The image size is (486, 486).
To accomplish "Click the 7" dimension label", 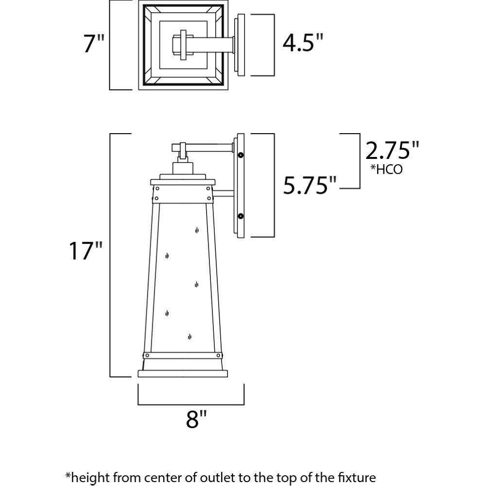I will [x=94, y=45].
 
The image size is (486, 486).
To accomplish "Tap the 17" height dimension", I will [x=86, y=251].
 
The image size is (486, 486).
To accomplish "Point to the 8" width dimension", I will [x=196, y=419].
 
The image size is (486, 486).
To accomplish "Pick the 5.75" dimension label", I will [x=310, y=185].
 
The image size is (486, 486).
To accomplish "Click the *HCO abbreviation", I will [x=386, y=170].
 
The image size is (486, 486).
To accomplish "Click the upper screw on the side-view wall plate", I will [x=241, y=155].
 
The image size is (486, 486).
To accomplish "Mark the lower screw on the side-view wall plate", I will [x=241, y=215].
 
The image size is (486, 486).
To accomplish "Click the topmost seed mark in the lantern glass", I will [x=196, y=230].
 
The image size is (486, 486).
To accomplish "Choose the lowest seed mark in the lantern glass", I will [x=190, y=336].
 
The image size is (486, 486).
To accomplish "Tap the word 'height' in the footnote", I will [x=90, y=476].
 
